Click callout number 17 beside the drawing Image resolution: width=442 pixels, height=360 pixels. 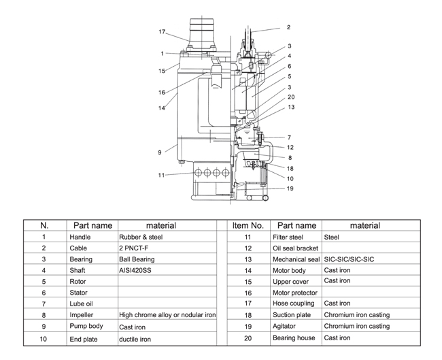click(x=162, y=31)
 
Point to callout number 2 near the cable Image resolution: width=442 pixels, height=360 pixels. click(x=288, y=27)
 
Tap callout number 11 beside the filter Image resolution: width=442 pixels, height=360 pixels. click(x=161, y=175)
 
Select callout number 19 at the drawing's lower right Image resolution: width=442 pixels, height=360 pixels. click(x=290, y=189)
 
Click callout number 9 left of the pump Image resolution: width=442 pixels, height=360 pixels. click(x=160, y=152)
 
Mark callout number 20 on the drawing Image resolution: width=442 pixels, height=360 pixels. click(x=291, y=97)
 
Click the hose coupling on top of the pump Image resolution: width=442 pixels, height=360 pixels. click(x=202, y=33)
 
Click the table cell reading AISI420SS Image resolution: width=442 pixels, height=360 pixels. click(x=135, y=270)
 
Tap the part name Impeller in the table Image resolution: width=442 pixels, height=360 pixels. click(x=81, y=315)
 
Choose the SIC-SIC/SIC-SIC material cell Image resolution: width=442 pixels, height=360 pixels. click(x=349, y=259)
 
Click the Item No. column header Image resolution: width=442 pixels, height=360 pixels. click(x=248, y=225)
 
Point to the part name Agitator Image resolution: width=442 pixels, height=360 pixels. click(x=284, y=326)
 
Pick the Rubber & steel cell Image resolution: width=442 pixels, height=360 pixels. click(x=141, y=237)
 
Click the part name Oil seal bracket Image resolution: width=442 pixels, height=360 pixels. click(x=295, y=248)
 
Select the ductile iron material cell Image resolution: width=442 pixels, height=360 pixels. click(x=135, y=339)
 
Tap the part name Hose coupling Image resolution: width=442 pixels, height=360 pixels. click(x=294, y=304)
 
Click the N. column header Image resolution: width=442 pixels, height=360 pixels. click(x=44, y=225)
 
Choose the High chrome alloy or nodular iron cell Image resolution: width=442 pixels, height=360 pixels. click(x=167, y=315)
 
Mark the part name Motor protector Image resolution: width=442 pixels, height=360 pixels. click(x=295, y=293)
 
